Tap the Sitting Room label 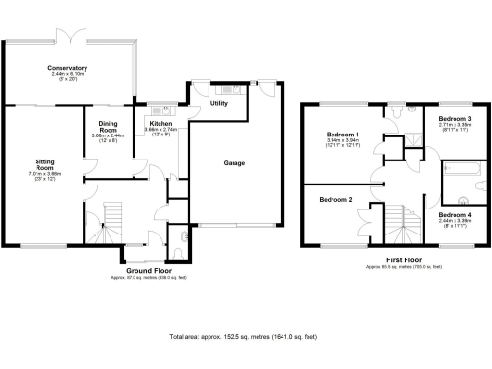pyautogui.click(x=44, y=164)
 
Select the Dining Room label pyautogui.click(x=109, y=126)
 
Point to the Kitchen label pyautogui.click(x=160, y=123)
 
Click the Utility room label pyautogui.click(x=219, y=102)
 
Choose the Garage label pyautogui.click(x=234, y=163)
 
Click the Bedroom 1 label pyautogui.click(x=343, y=134)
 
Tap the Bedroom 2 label pyautogui.click(x=336, y=199)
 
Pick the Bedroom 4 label pyautogui.click(x=455, y=214)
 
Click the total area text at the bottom pyautogui.click(x=242, y=337)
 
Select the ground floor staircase pyautogui.click(x=112, y=218)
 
